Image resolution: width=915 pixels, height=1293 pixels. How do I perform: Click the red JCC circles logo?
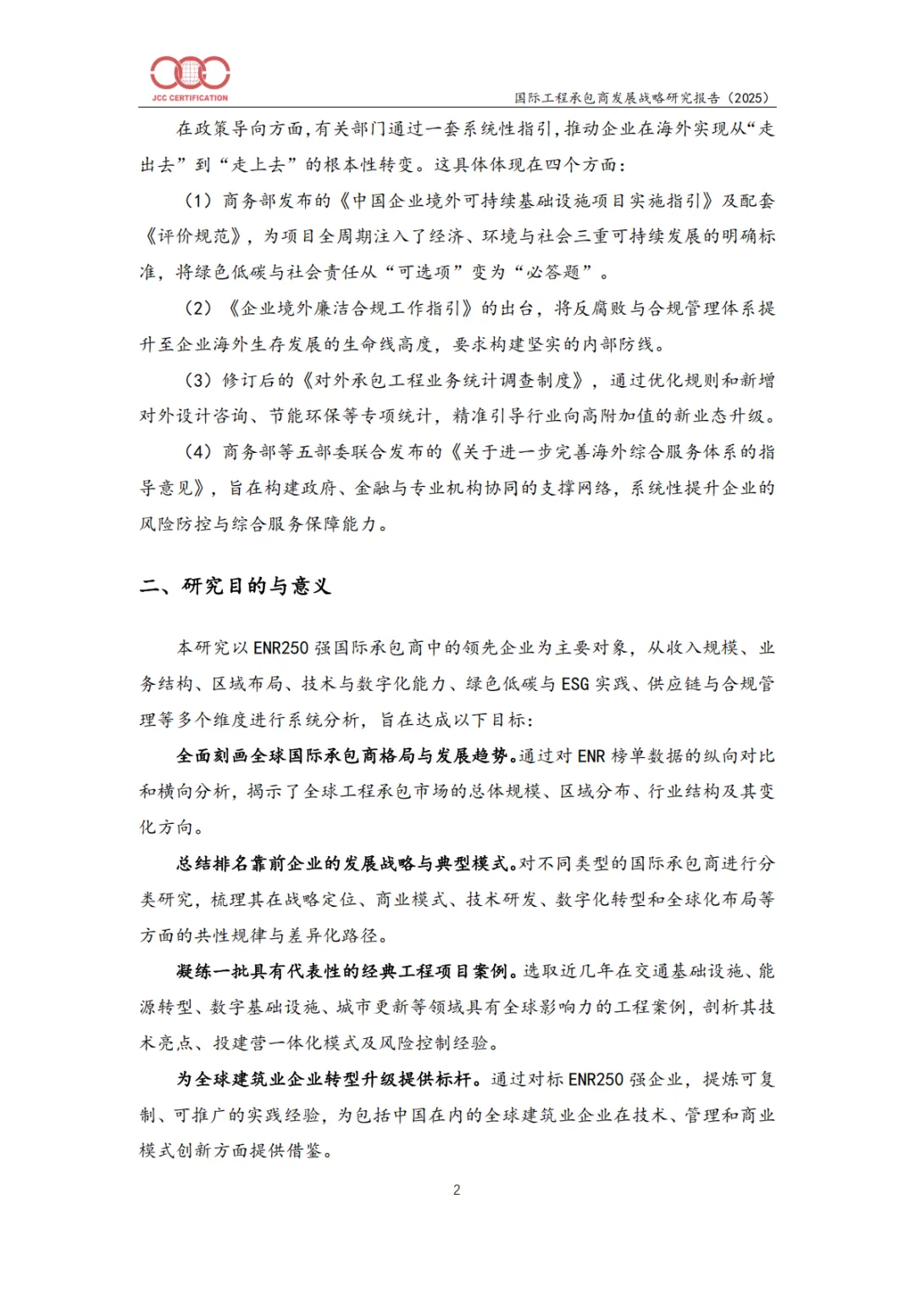pos(190,73)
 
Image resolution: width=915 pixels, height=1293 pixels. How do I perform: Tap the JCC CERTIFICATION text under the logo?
pos(190,98)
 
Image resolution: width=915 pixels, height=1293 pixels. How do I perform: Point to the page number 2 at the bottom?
pos(457,1190)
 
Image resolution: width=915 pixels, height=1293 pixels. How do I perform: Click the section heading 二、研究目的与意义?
pos(236,586)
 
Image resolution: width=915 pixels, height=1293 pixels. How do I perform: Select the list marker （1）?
pos(198,201)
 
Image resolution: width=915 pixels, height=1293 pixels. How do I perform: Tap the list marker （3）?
pos(198,380)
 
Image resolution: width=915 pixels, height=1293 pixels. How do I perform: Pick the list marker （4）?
pos(198,452)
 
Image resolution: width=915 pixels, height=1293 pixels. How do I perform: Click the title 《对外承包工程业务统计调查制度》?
pos(444,380)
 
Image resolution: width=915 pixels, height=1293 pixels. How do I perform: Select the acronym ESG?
pos(575,684)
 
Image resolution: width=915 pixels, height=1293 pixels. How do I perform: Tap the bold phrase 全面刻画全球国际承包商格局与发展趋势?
pos(342,756)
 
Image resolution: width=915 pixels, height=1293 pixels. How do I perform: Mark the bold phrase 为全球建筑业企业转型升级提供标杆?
pos(328,1080)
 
